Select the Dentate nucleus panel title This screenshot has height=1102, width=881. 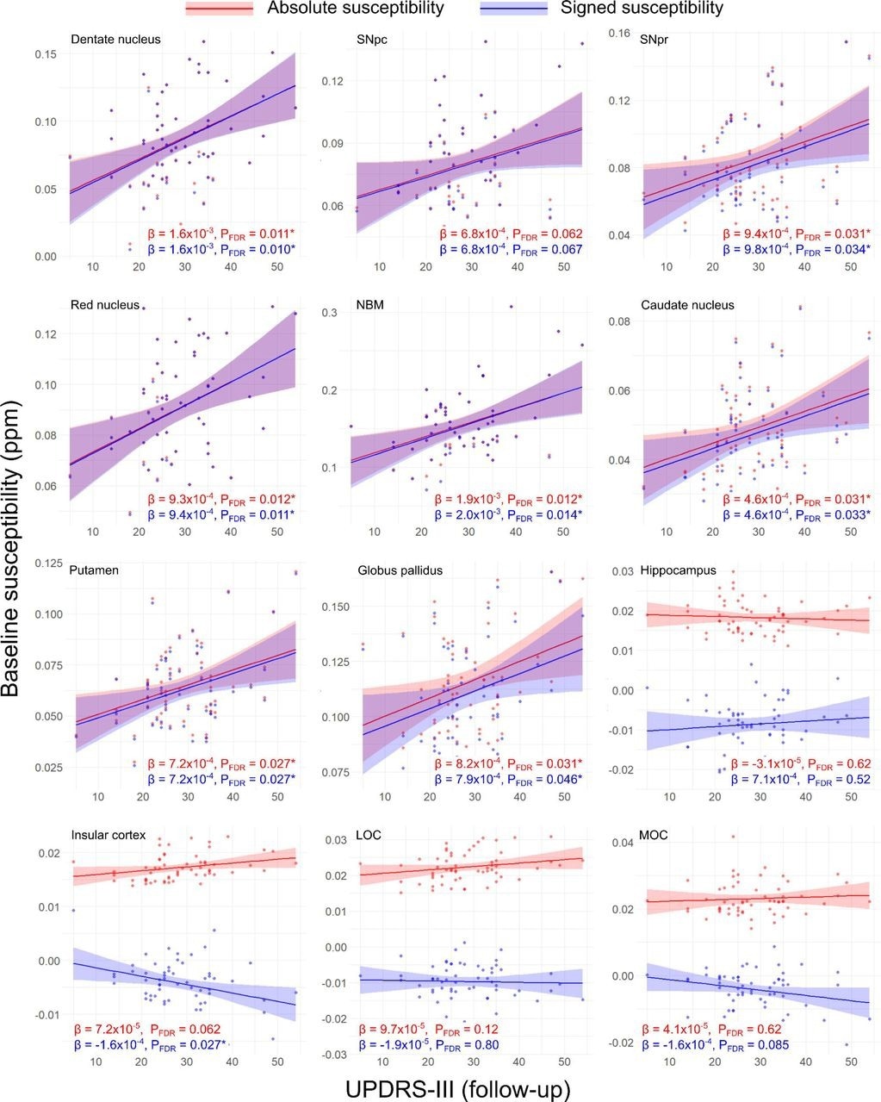pyautogui.click(x=115, y=39)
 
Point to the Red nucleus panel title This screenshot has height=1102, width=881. pyautogui.click(x=105, y=305)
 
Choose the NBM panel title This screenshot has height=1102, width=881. pyautogui.click(x=372, y=305)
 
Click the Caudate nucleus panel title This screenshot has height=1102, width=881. pyautogui.click(x=686, y=305)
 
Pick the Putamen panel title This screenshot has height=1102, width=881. pyautogui.click(x=94, y=570)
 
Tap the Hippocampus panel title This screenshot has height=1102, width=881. pyautogui.click(x=678, y=570)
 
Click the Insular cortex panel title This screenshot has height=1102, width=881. pyautogui.click(x=109, y=835)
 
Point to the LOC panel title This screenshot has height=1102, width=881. pyautogui.click(x=370, y=835)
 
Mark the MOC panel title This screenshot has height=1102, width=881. pyautogui.click(x=654, y=835)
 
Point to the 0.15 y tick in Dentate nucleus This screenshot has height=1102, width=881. pyautogui.click(x=45, y=54)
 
